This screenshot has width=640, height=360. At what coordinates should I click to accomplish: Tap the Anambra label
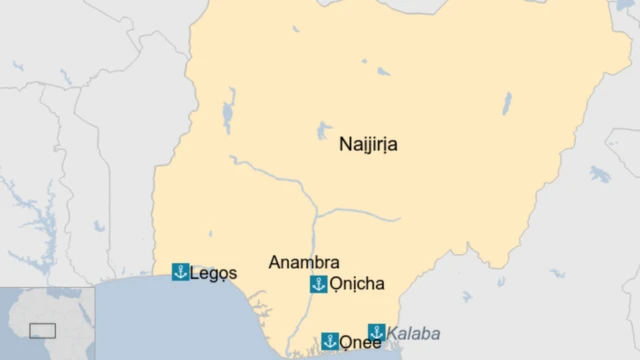[304, 262]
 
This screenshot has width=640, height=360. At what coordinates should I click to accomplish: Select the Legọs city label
[213, 273]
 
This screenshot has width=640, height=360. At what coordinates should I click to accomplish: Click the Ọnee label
[360, 343]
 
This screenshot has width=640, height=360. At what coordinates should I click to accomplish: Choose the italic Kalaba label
[413, 333]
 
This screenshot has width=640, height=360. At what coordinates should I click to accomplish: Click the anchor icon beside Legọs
[181, 272]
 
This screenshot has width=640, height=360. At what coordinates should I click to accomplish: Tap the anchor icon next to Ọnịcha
[319, 284]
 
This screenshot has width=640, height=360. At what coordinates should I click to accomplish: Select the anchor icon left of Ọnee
[330, 341]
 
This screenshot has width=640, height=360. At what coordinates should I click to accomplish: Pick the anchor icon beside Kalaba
[377, 332]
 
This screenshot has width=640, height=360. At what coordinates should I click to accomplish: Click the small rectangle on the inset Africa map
[42, 330]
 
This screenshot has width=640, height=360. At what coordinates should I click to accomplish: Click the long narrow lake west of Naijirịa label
[230, 110]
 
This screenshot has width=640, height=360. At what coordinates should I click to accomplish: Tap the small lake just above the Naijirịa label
[324, 130]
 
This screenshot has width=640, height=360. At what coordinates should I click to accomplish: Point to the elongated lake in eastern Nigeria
[506, 103]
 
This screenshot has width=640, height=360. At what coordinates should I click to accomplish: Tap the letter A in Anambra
[275, 262]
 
